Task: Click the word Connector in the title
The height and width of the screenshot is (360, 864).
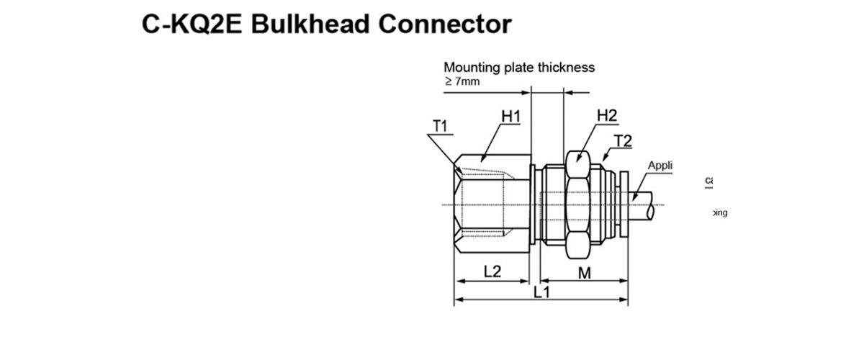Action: tap(445, 24)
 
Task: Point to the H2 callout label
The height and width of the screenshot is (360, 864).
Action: tap(607, 116)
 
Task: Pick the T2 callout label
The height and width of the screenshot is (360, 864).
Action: tap(623, 141)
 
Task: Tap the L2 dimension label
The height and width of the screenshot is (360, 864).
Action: tap(492, 272)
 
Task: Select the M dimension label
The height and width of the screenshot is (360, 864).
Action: tap(585, 272)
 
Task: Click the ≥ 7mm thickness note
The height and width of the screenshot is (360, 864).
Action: tap(462, 81)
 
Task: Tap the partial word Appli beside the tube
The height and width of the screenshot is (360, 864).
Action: tap(660, 166)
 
